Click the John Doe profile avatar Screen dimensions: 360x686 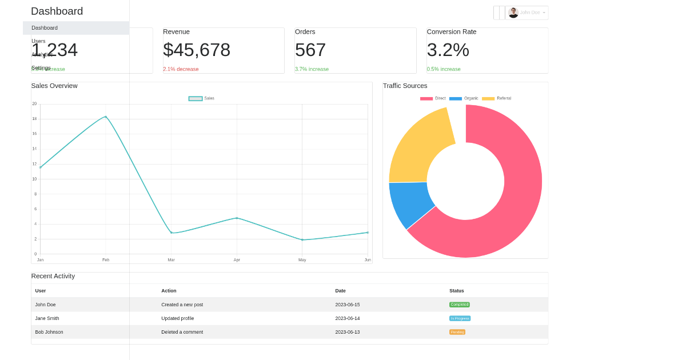coord(513,13)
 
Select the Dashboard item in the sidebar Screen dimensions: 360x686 coord(45,28)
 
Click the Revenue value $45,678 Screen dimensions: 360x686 coord(197,50)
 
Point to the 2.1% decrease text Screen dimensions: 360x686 coord(181,69)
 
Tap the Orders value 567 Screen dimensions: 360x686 coord(310,50)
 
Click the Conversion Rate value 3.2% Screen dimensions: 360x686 coord(448,50)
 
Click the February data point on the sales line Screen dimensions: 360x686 coord(106,117)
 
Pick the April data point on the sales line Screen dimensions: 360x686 coord(237,218)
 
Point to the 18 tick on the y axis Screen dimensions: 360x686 coord(34,119)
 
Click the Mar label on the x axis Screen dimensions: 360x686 coord(171,260)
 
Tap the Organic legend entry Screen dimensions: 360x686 coord(464,98)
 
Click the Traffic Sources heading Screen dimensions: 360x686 coord(405,86)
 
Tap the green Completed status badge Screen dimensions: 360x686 coord(459,305)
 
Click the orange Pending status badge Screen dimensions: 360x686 coord(457,332)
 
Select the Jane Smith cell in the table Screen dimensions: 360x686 coord(47,318)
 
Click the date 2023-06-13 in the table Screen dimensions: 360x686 coord(347,332)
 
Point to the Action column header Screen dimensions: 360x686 coord(169,291)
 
